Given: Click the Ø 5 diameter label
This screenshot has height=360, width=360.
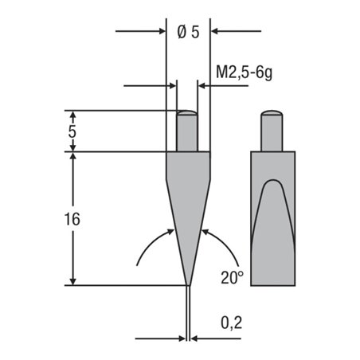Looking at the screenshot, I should click(187, 32).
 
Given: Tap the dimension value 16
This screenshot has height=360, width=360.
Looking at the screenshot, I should click(72, 220).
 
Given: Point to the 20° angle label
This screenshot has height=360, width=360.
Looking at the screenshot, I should click(231, 277).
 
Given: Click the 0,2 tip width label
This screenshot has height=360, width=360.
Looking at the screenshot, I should click(232, 322).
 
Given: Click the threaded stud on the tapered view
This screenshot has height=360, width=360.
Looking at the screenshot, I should click(187, 131).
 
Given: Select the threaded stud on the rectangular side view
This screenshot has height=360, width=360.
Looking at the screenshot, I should click(272, 131).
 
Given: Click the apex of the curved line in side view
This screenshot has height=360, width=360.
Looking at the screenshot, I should click(272, 181).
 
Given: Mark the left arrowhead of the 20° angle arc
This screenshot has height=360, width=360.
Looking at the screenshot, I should click(171, 231).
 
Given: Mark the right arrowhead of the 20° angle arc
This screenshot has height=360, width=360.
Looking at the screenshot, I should click(204, 231).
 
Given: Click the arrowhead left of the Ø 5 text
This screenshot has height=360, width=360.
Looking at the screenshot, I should click(161, 32).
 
